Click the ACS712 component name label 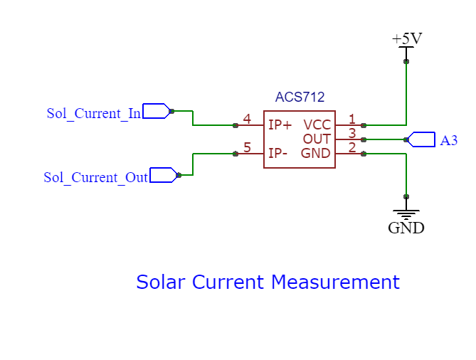click(300, 97)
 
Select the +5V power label click(406, 38)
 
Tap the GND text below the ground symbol click(406, 228)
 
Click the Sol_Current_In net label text click(93, 113)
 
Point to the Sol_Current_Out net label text click(95, 177)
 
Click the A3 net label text click(448, 140)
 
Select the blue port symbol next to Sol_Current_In click(156, 111)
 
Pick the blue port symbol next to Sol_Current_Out click(163, 175)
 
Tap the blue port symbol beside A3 click(421, 139)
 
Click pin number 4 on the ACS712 click(246, 119)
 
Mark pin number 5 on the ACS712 click(246, 147)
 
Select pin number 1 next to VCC click(351, 119)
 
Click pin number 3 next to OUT click(351, 133)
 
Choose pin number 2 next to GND click(351, 147)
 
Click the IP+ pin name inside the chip click(280, 125)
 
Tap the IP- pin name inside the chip click(278, 154)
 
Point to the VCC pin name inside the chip click(317, 125)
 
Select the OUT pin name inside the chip click(317, 139)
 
